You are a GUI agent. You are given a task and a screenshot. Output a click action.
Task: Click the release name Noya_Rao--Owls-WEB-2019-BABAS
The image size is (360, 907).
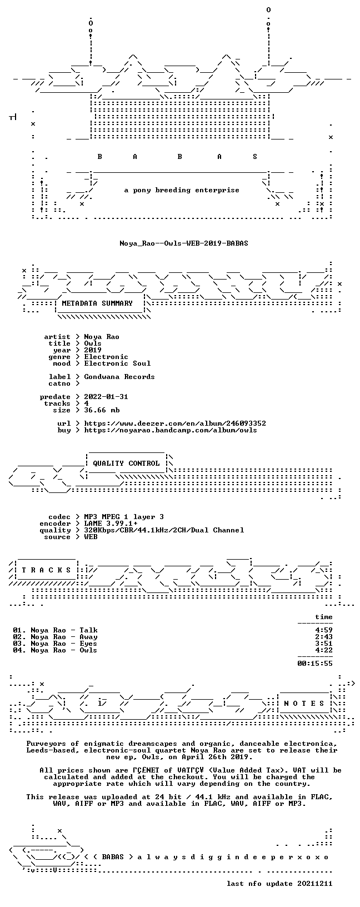(184, 243)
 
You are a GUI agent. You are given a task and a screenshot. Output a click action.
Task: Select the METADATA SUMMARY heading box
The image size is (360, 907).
(97, 303)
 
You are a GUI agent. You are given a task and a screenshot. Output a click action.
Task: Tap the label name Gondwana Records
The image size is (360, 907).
(119, 377)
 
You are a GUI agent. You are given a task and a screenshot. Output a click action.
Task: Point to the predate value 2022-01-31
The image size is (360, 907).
(106, 397)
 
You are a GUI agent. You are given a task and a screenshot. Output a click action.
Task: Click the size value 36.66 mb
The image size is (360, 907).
(102, 410)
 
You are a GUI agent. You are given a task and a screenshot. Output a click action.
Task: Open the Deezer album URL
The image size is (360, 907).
(175, 423)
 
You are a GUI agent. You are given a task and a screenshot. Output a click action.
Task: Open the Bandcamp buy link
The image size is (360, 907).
(171, 430)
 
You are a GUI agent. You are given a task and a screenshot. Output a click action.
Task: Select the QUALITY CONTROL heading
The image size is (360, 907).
(126, 463)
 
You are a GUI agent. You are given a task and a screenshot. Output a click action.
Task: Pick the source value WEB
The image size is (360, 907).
(91, 537)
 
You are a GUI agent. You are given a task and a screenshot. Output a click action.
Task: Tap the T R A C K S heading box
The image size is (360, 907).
(46, 570)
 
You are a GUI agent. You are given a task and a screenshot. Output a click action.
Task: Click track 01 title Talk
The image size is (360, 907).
(88, 630)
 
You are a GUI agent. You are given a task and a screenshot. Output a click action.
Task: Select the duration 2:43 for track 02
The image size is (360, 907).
(324, 637)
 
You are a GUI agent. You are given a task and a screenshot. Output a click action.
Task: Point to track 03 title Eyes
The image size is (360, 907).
(88, 644)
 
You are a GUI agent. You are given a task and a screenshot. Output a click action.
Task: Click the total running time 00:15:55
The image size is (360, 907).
(315, 663)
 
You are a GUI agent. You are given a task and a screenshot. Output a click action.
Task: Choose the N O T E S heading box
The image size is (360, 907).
(304, 704)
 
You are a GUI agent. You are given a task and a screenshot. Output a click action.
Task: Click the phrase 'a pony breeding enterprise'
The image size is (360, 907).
(182, 190)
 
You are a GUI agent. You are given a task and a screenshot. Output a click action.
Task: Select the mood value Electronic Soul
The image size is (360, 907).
(117, 363)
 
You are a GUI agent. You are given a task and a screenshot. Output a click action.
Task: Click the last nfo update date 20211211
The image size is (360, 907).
(315, 884)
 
